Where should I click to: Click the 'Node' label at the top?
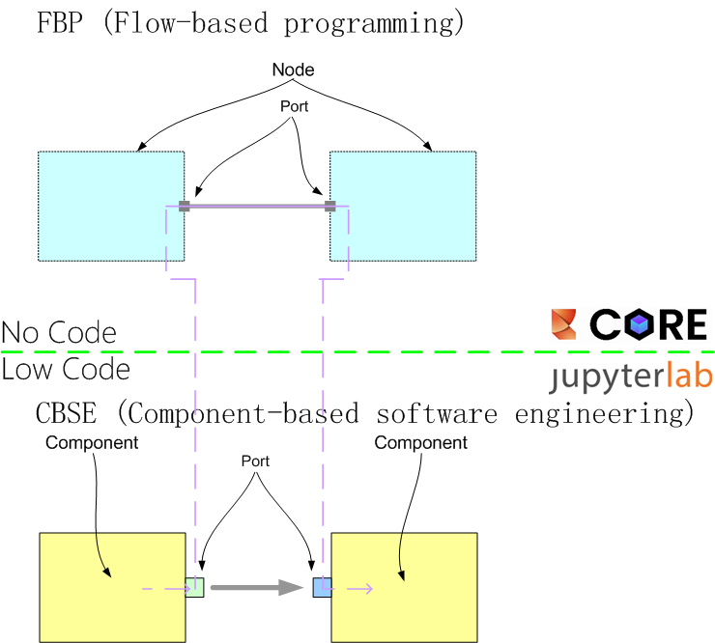click(293, 70)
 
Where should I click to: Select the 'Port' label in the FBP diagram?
click(294, 107)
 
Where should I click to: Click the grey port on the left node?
click(184, 206)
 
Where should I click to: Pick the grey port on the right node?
click(329, 206)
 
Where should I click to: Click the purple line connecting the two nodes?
click(257, 206)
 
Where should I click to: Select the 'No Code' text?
click(59, 333)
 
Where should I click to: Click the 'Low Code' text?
click(66, 369)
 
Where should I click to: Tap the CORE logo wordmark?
click(648, 325)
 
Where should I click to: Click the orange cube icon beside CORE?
click(563, 324)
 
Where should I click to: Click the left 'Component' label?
click(92, 443)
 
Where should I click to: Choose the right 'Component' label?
click(420, 443)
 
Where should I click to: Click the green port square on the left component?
click(195, 586)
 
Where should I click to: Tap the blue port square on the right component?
click(322, 586)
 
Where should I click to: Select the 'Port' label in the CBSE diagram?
click(254, 461)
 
